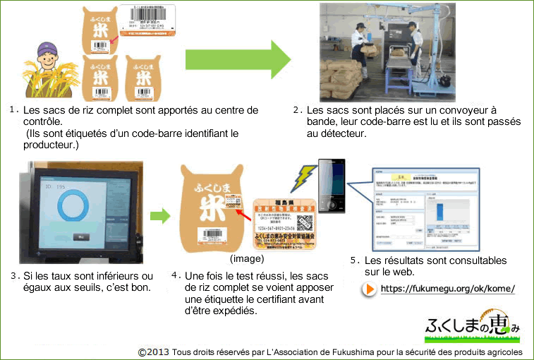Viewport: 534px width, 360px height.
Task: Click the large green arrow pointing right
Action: pos(236,59)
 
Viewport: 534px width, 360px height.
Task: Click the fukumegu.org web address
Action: pos(447,289)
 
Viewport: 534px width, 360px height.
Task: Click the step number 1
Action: pos(14,110)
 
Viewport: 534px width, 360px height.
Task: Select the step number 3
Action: pos(14,275)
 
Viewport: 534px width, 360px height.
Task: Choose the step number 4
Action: pos(174,275)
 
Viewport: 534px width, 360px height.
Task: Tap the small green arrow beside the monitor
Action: pos(162,215)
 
